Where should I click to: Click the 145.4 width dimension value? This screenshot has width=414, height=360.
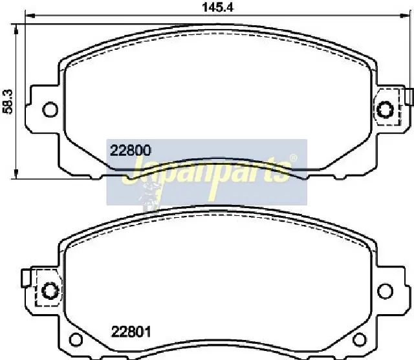coord(217,7)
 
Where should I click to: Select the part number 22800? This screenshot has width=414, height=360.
coord(131,151)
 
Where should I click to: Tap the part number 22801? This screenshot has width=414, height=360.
coord(131,332)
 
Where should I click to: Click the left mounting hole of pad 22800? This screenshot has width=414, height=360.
coord(50,109)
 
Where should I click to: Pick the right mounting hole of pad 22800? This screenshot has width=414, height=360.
coord(386,110)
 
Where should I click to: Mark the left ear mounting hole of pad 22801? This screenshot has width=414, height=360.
coord(50,291)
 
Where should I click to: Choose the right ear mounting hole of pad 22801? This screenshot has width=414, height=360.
coord(386,291)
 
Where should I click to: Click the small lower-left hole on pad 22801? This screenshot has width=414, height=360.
coord(76,339)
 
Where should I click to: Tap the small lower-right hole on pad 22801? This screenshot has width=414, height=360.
coord(360,339)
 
